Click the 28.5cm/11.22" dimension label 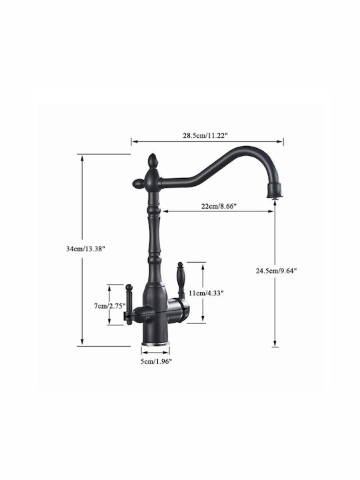205,135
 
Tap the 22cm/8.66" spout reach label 219,206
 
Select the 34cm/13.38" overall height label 86,249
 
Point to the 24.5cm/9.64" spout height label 277,271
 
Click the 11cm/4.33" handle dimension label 206,293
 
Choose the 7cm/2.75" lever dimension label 110,306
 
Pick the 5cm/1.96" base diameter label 156,361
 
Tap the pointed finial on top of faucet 152,161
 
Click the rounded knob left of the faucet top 138,184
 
